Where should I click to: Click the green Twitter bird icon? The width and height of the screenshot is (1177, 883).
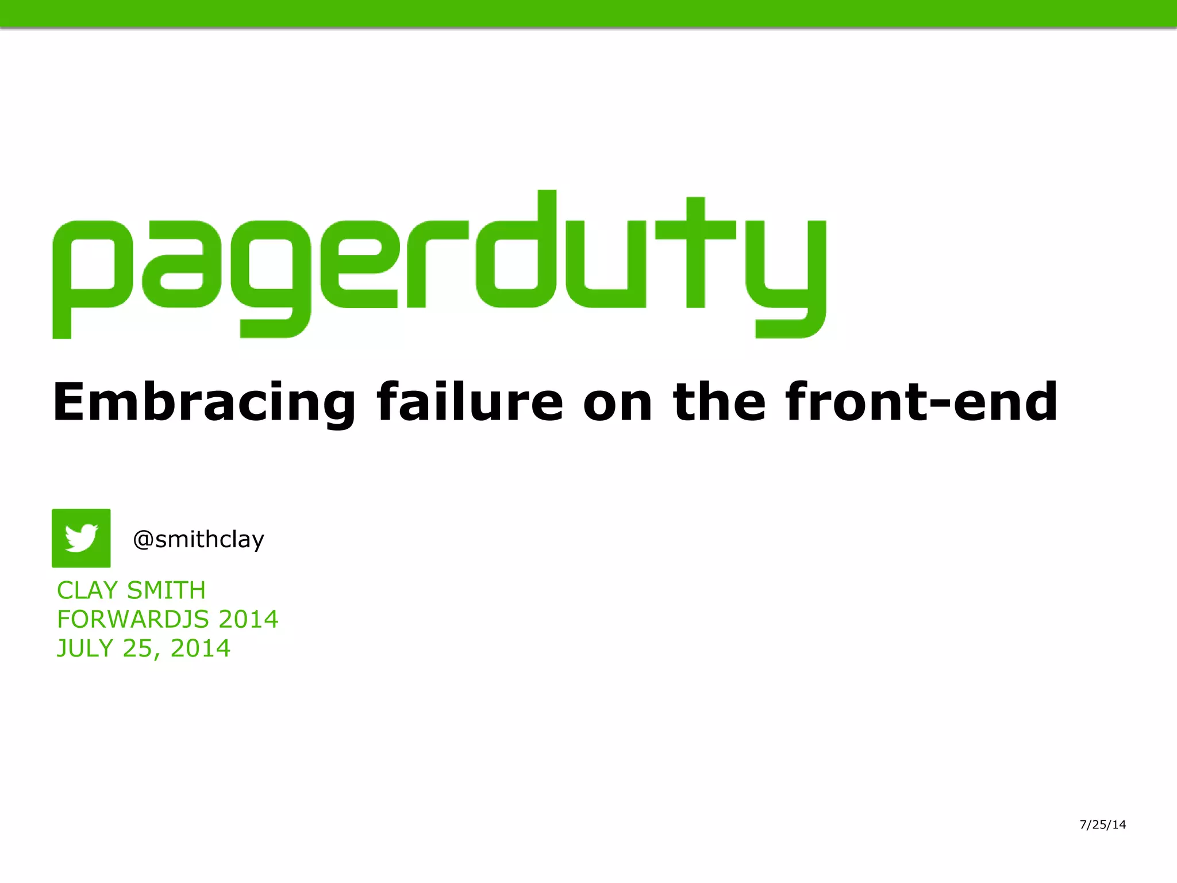tap(81, 538)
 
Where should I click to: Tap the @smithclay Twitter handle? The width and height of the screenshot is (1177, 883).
tap(198, 539)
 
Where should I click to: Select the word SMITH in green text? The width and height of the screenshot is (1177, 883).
tap(166, 590)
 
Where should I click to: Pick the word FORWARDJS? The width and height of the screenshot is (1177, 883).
tap(133, 619)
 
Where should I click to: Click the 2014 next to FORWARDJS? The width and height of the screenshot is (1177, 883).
tap(248, 619)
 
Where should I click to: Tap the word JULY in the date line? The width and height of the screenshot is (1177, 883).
tap(85, 648)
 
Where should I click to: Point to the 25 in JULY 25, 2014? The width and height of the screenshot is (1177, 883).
tap(138, 648)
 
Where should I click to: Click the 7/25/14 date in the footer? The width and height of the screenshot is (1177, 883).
tap(1102, 824)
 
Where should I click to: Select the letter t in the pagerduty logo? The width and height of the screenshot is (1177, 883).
tap(695, 253)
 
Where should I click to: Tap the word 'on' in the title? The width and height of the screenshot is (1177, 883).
tap(618, 402)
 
